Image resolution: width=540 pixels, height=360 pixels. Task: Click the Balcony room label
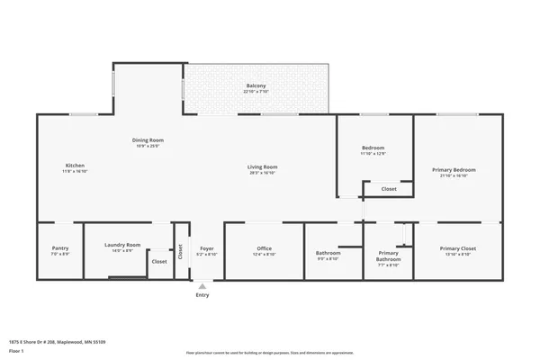pyautogui.click(x=256, y=85)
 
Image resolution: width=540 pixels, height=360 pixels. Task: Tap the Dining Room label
pyautogui.click(x=148, y=140)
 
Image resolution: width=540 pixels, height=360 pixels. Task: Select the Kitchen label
pyautogui.click(x=75, y=166)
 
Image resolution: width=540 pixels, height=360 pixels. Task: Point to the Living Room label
pyautogui.click(x=263, y=166)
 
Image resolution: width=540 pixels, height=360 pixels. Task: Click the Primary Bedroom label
pyautogui.click(x=454, y=170)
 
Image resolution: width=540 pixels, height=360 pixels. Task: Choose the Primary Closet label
pyautogui.click(x=457, y=248)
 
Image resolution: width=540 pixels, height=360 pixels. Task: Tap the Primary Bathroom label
pyautogui.click(x=388, y=256)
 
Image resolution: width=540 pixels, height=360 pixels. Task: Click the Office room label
pyautogui.click(x=264, y=248)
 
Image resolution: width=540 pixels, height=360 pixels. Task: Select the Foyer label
pyautogui.click(x=206, y=248)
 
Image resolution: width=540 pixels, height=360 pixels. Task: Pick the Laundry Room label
pyautogui.click(x=122, y=245)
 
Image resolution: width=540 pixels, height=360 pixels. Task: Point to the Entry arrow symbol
pyautogui.click(x=202, y=286)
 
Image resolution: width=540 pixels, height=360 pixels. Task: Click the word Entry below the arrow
pyautogui.click(x=202, y=294)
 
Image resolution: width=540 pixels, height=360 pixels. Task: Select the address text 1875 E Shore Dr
pyautogui.click(x=46, y=342)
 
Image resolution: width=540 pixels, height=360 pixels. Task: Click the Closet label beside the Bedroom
pyautogui.click(x=389, y=189)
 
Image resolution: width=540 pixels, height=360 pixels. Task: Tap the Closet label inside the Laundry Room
pyautogui.click(x=158, y=261)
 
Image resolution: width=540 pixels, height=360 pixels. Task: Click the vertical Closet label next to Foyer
pyautogui.click(x=180, y=251)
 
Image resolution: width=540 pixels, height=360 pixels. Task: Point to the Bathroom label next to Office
pyautogui.click(x=328, y=253)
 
